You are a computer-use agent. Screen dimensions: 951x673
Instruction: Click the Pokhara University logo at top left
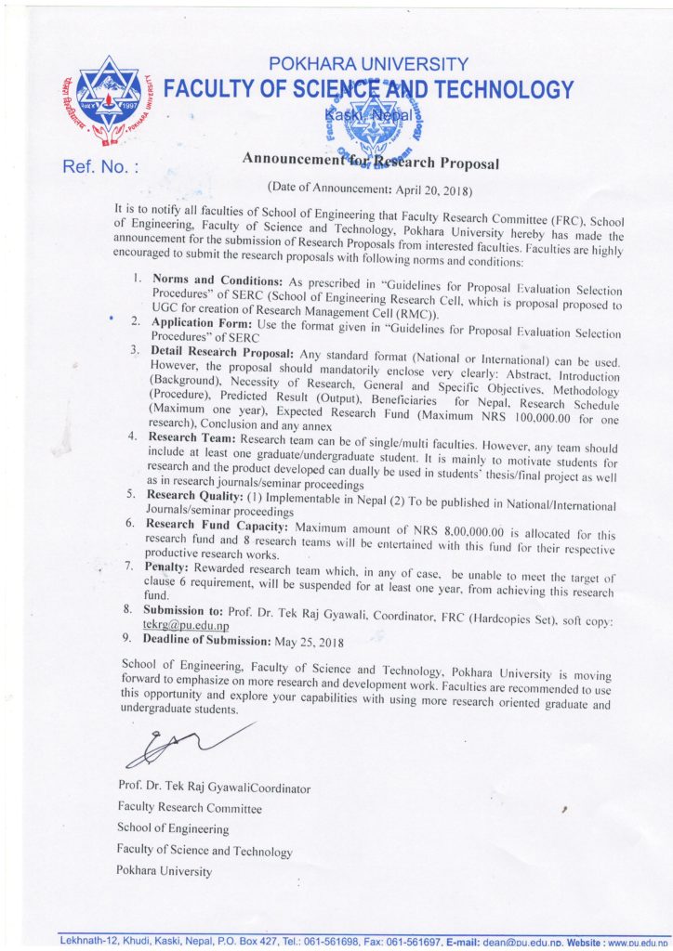click(109, 103)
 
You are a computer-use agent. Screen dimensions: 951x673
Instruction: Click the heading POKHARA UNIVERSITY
click(369, 64)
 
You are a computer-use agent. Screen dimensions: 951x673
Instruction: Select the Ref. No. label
click(100, 168)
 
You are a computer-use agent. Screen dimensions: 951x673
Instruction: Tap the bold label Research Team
click(191, 436)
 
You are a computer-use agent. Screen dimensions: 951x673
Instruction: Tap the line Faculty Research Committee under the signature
click(189, 809)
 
